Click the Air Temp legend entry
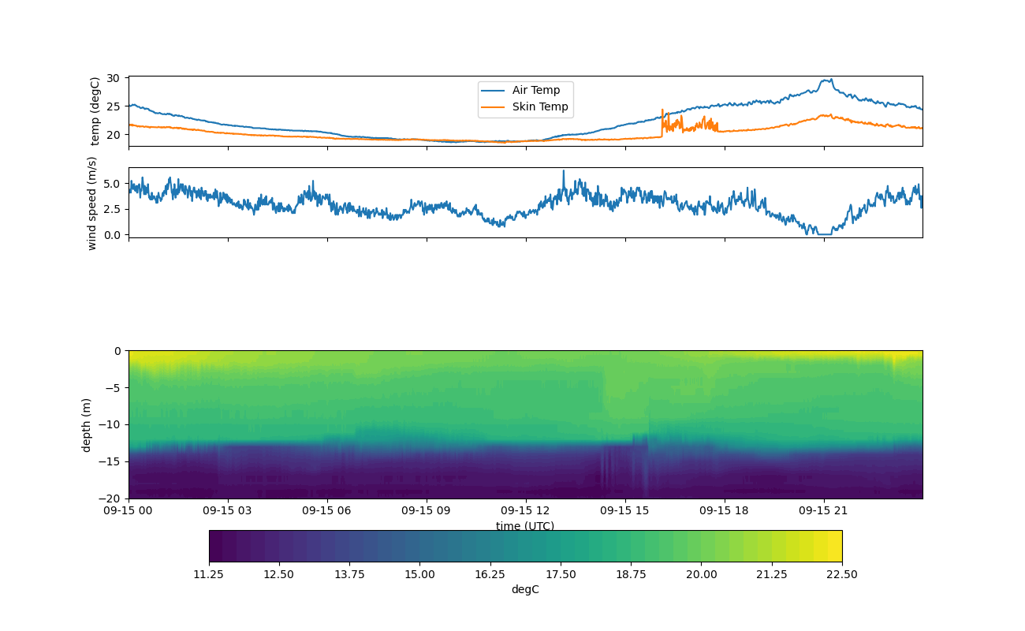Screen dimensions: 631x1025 pos(535,91)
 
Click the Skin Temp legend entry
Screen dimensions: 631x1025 pos(539,107)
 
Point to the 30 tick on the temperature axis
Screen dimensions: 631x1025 pos(113,78)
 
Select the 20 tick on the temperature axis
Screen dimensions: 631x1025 pos(113,135)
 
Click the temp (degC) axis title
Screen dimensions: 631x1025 pos(95,111)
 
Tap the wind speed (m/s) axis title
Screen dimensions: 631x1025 pos(92,203)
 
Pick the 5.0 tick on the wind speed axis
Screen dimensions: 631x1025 pos(110,184)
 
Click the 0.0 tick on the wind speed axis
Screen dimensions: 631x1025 pos(110,235)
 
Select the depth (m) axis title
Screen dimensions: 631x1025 pos(87,424)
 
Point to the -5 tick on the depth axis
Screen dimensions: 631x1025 pos(112,387)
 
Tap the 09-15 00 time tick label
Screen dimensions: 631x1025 pos(129,510)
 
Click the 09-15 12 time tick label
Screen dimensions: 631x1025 pos(526,510)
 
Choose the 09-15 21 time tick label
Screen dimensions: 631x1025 pos(824,510)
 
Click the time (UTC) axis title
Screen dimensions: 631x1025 pos(525,526)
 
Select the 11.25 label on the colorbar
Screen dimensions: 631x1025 pos(209,574)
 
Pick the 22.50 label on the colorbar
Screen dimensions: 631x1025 pos(842,574)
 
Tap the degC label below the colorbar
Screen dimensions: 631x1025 pos(525,589)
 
